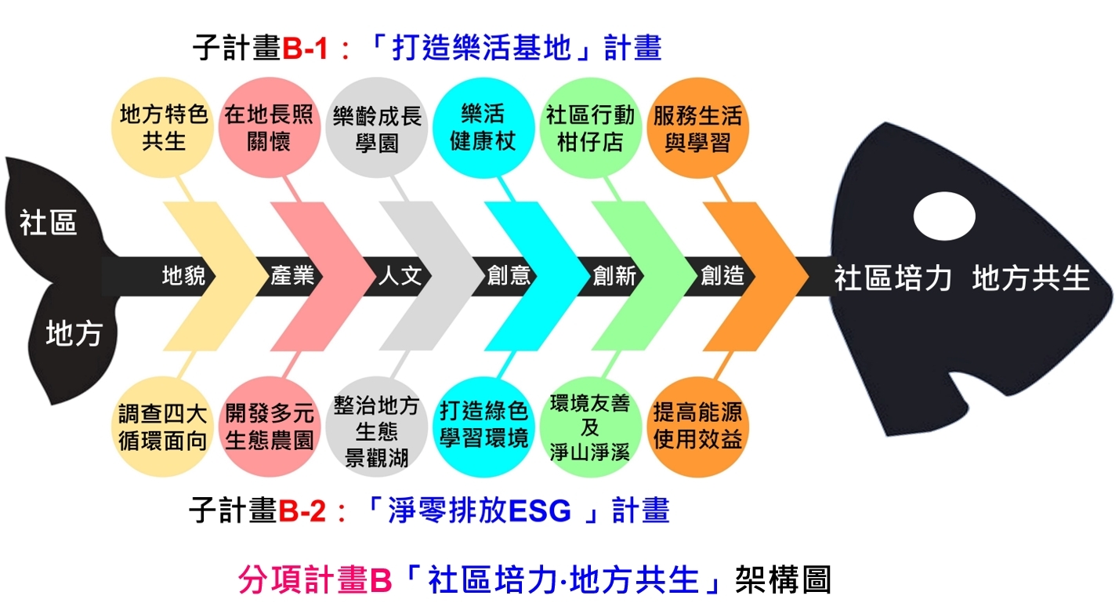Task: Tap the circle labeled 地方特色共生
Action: (165, 129)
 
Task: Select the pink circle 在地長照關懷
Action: (269, 129)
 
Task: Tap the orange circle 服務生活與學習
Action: (698, 129)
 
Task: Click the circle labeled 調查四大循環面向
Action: (164, 427)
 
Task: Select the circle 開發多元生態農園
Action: (270, 427)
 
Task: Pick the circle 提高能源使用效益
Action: (698, 427)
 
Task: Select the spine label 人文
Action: (400, 276)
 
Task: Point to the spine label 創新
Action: (614, 276)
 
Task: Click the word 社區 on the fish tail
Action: (49, 223)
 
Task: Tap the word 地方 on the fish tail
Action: (74, 333)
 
